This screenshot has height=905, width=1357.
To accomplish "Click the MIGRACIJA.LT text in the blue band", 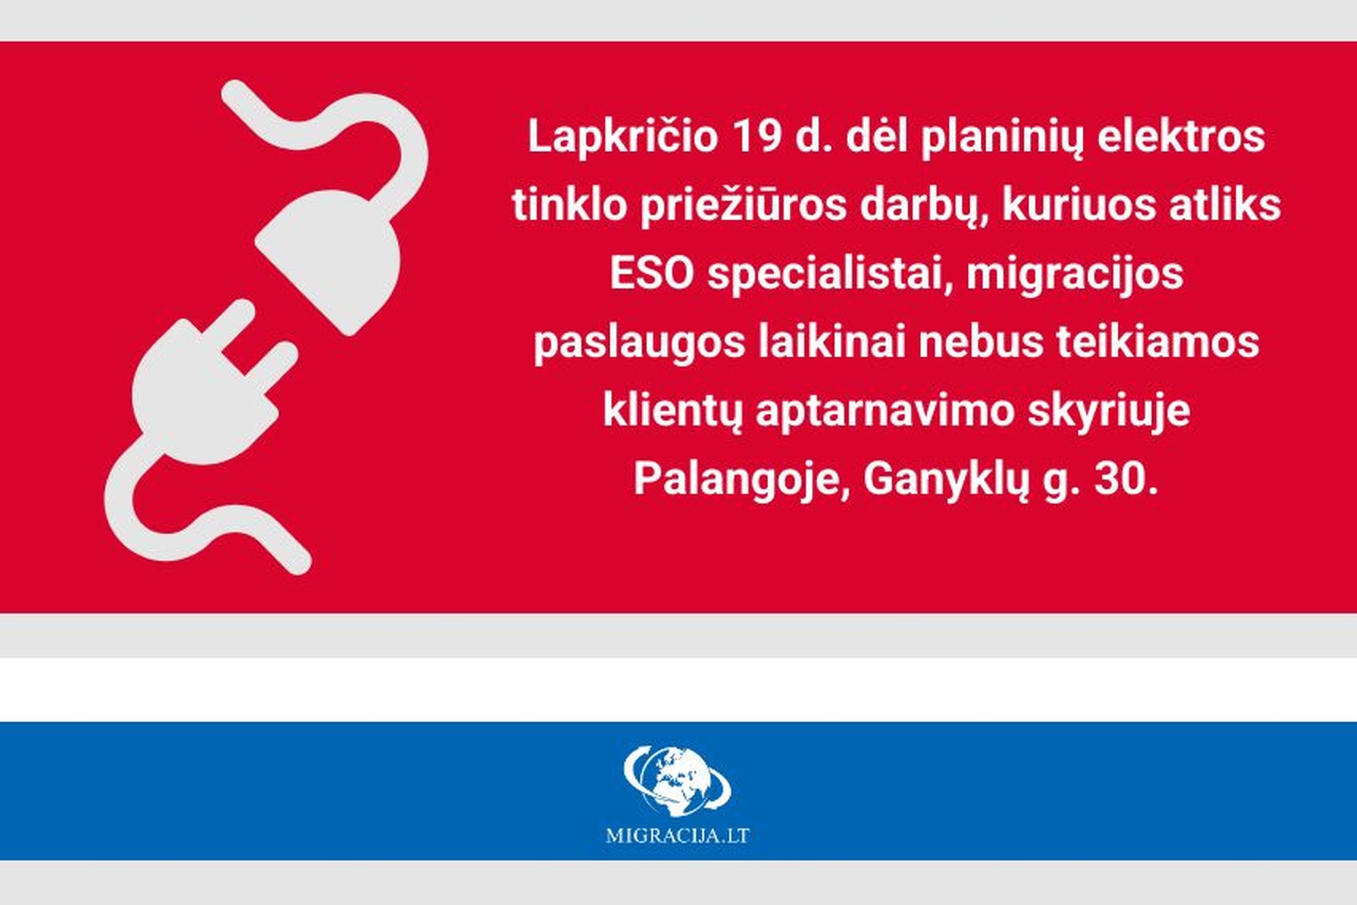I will pos(677,836).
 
